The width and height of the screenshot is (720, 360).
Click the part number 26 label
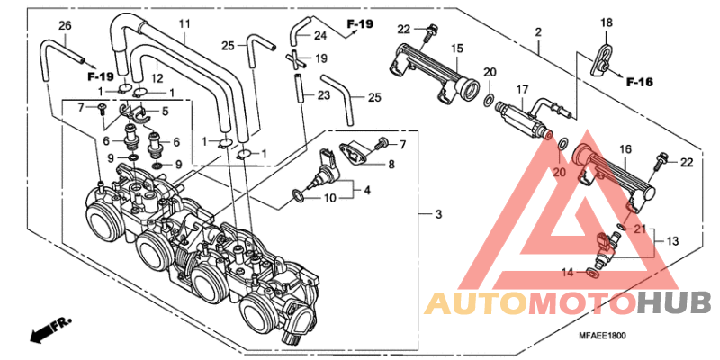coord(64,24)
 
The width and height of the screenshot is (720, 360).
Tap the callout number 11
coord(185,23)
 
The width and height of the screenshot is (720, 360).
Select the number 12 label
coord(157,77)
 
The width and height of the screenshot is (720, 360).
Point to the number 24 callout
coord(319,36)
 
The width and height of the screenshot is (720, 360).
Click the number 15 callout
coord(457,48)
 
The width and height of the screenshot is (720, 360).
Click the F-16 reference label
coord(640,82)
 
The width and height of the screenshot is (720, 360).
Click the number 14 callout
coord(567,271)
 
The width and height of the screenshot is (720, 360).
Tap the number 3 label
coord(438,214)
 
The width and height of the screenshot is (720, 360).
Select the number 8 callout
coord(391,165)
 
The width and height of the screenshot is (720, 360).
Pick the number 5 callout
coord(165,112)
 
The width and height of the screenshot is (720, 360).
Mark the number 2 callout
coord(537,33)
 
